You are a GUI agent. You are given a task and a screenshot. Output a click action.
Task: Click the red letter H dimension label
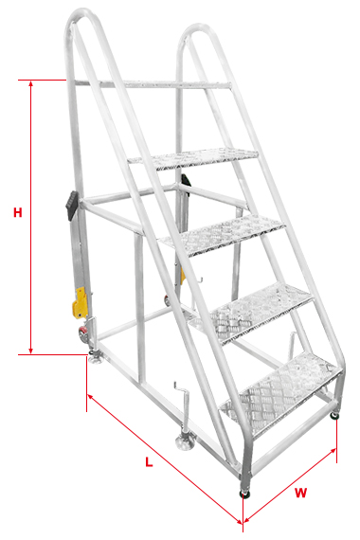(x=18, y=212)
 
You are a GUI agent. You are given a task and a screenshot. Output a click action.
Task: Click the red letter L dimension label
(x=149, y=461)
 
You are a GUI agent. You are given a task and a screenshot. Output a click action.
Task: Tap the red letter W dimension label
(x=300, y=493)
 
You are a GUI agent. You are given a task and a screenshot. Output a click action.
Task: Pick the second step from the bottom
(x=251, y=313)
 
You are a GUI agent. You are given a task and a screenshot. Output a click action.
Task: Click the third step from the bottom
(x=223, y=235)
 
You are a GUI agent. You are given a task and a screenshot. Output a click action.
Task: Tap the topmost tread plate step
(x=193, y=158)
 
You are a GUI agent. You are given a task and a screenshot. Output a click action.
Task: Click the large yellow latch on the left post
(x=80, y=303)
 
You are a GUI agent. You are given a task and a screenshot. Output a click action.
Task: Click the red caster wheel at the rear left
(x=83, y=334)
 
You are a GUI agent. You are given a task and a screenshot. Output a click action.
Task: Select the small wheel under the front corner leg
(x=245, y=495)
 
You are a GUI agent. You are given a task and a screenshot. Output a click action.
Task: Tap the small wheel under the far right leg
(x=334, y=416)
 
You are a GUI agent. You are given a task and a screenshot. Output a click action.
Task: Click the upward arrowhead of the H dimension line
(x=31, y=83)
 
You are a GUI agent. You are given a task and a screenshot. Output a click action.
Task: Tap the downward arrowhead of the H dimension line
(x=31, y=351)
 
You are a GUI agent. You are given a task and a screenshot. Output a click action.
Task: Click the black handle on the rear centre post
(x=186, y=180)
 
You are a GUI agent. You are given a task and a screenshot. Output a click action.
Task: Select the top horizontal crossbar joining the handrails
(x=153, y=83)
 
